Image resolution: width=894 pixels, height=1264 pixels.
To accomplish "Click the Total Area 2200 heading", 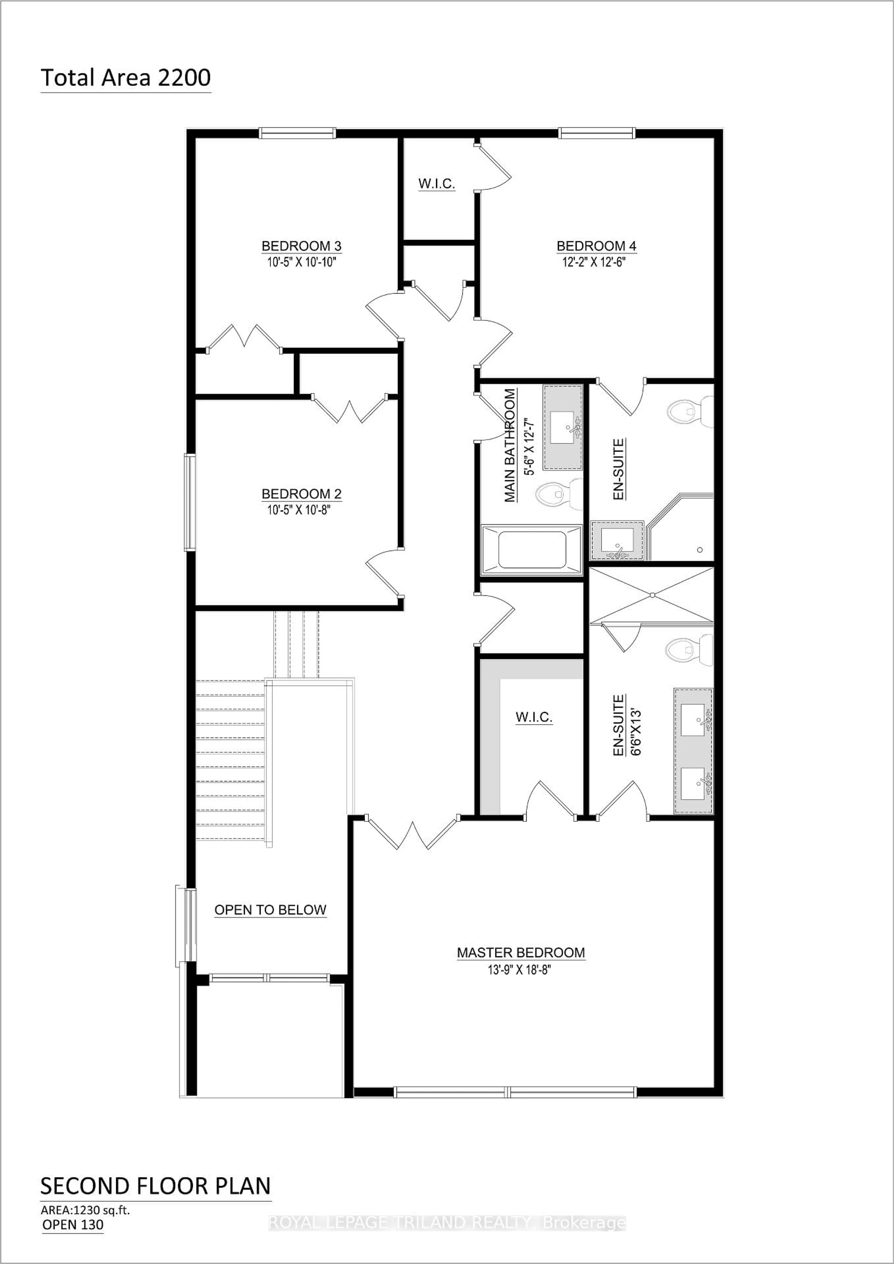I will pyautogui.click(x=125, y=78).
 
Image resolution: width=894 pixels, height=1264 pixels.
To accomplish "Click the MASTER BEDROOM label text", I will pyautogui.click(x=521, y=952).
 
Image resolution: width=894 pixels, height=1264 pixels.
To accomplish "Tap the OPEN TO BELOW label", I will pyautogui.click(x=270, y=910).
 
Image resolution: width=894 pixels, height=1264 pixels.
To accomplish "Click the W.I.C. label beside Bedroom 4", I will pyautogui.click(x=437, y=184).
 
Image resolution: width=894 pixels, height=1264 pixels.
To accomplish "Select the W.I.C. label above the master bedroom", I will pyautogui.click(x=533, y=717).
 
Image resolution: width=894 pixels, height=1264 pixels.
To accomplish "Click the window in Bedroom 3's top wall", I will pyautogui.click(x=297, y=133).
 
